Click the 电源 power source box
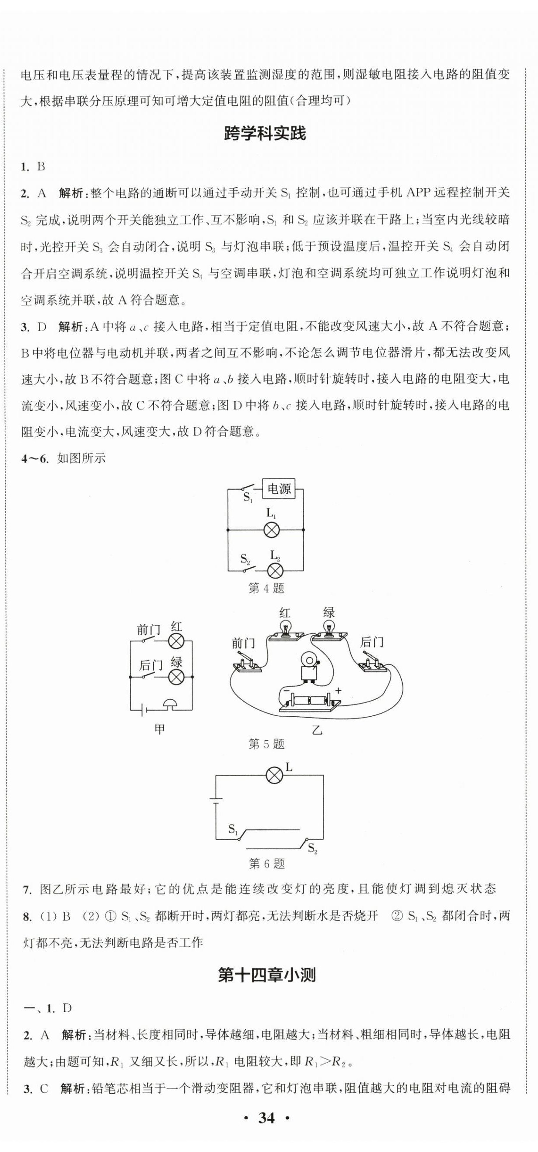click(x=279, y=489)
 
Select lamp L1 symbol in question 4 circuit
click(x=271, y=530)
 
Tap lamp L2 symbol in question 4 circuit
click(x=274, y=571)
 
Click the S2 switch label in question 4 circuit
click(x=245, y=559)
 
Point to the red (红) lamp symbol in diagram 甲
click(x=176, y=642)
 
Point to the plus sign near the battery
click(x=338, y=691)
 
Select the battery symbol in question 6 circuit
click(x=216, y=800)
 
